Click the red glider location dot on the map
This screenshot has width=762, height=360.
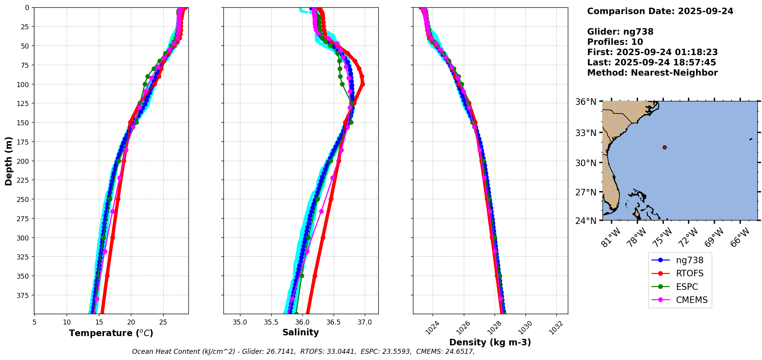click(665, 147)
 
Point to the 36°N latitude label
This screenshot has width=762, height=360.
click(586, 102)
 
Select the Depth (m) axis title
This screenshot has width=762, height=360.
click(8, 161)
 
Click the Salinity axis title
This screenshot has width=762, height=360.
click(300, 333)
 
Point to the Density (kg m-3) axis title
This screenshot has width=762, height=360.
click(490, 342)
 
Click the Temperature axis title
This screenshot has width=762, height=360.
click(111, 333)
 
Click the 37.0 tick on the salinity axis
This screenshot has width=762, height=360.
click(364, 322)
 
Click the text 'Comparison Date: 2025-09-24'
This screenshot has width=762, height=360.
click(660, 11)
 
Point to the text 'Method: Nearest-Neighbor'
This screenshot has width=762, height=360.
click(652, 73)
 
